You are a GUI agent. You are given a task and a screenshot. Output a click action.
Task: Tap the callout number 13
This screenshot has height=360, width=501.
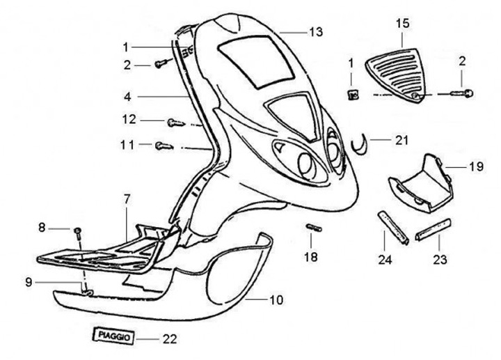(x=316, y=32)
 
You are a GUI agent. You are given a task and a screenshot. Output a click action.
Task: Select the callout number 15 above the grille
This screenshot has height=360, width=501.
(x=403, y=24)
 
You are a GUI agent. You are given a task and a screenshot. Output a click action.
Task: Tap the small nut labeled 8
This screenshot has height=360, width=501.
(x=79, y=230)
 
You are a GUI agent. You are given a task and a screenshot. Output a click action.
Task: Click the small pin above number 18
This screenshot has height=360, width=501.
(x=312, y=229)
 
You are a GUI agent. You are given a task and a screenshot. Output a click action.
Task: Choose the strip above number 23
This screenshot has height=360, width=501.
(x=434, y=228)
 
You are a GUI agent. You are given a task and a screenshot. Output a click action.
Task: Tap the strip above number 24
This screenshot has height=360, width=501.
(x=393, y=226)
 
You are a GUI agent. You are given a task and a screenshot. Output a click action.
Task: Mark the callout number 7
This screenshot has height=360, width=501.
(x=127, y=199)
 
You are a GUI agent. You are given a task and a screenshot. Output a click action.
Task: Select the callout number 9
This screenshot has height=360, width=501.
(x=29, y=282)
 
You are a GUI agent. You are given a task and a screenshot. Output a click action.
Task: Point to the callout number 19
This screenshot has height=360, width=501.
(x=475, y=167)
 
